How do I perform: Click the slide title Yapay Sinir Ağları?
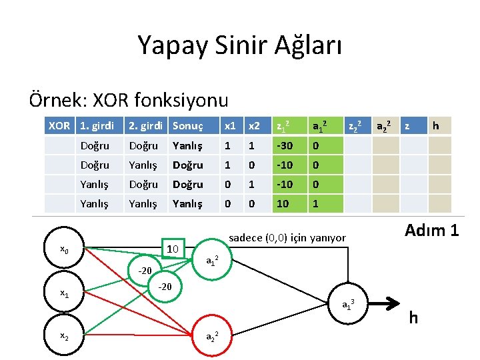239,45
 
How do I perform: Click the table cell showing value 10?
283,203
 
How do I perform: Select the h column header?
435,125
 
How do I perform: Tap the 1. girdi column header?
97,125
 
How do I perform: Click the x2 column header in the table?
255,125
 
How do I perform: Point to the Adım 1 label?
432,231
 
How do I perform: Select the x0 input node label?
64,250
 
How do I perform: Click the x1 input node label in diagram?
64,293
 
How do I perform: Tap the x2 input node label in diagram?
64,337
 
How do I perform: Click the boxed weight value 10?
173,249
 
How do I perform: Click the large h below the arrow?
413,318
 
